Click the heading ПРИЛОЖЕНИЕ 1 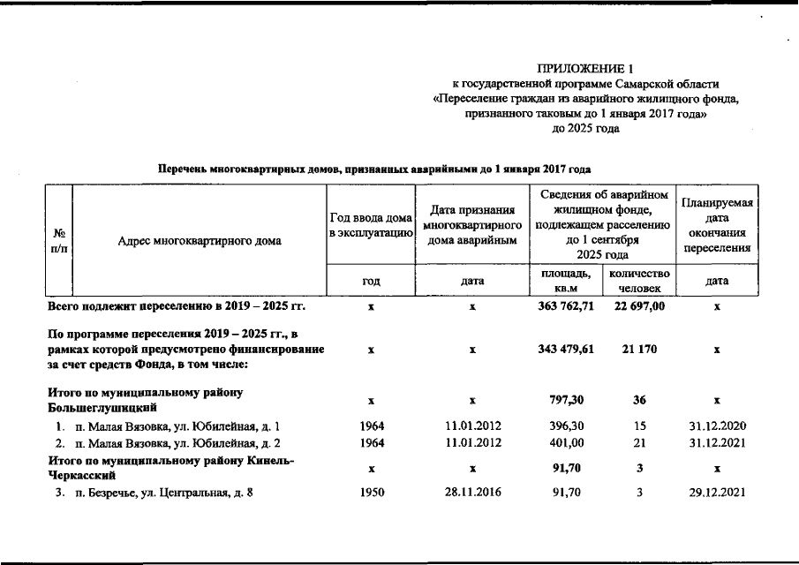(x=585, y=68)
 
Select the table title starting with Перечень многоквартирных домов (x=373, y=168)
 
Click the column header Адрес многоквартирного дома (x=200, y=240)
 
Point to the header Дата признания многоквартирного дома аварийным (x=472, y=225)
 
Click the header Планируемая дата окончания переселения (x=717, y=225)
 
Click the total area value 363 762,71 (x=564, y=305)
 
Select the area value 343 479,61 (x=565, y=350)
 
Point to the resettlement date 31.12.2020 (x=717, y=426)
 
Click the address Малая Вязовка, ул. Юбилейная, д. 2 (x=177, y=443)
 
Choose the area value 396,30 (x=564, y=426)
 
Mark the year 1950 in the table (x=372, y=493)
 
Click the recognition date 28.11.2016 (x=472, y=493)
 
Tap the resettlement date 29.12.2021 (x=717, y=493)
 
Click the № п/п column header (x=60, y=240)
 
